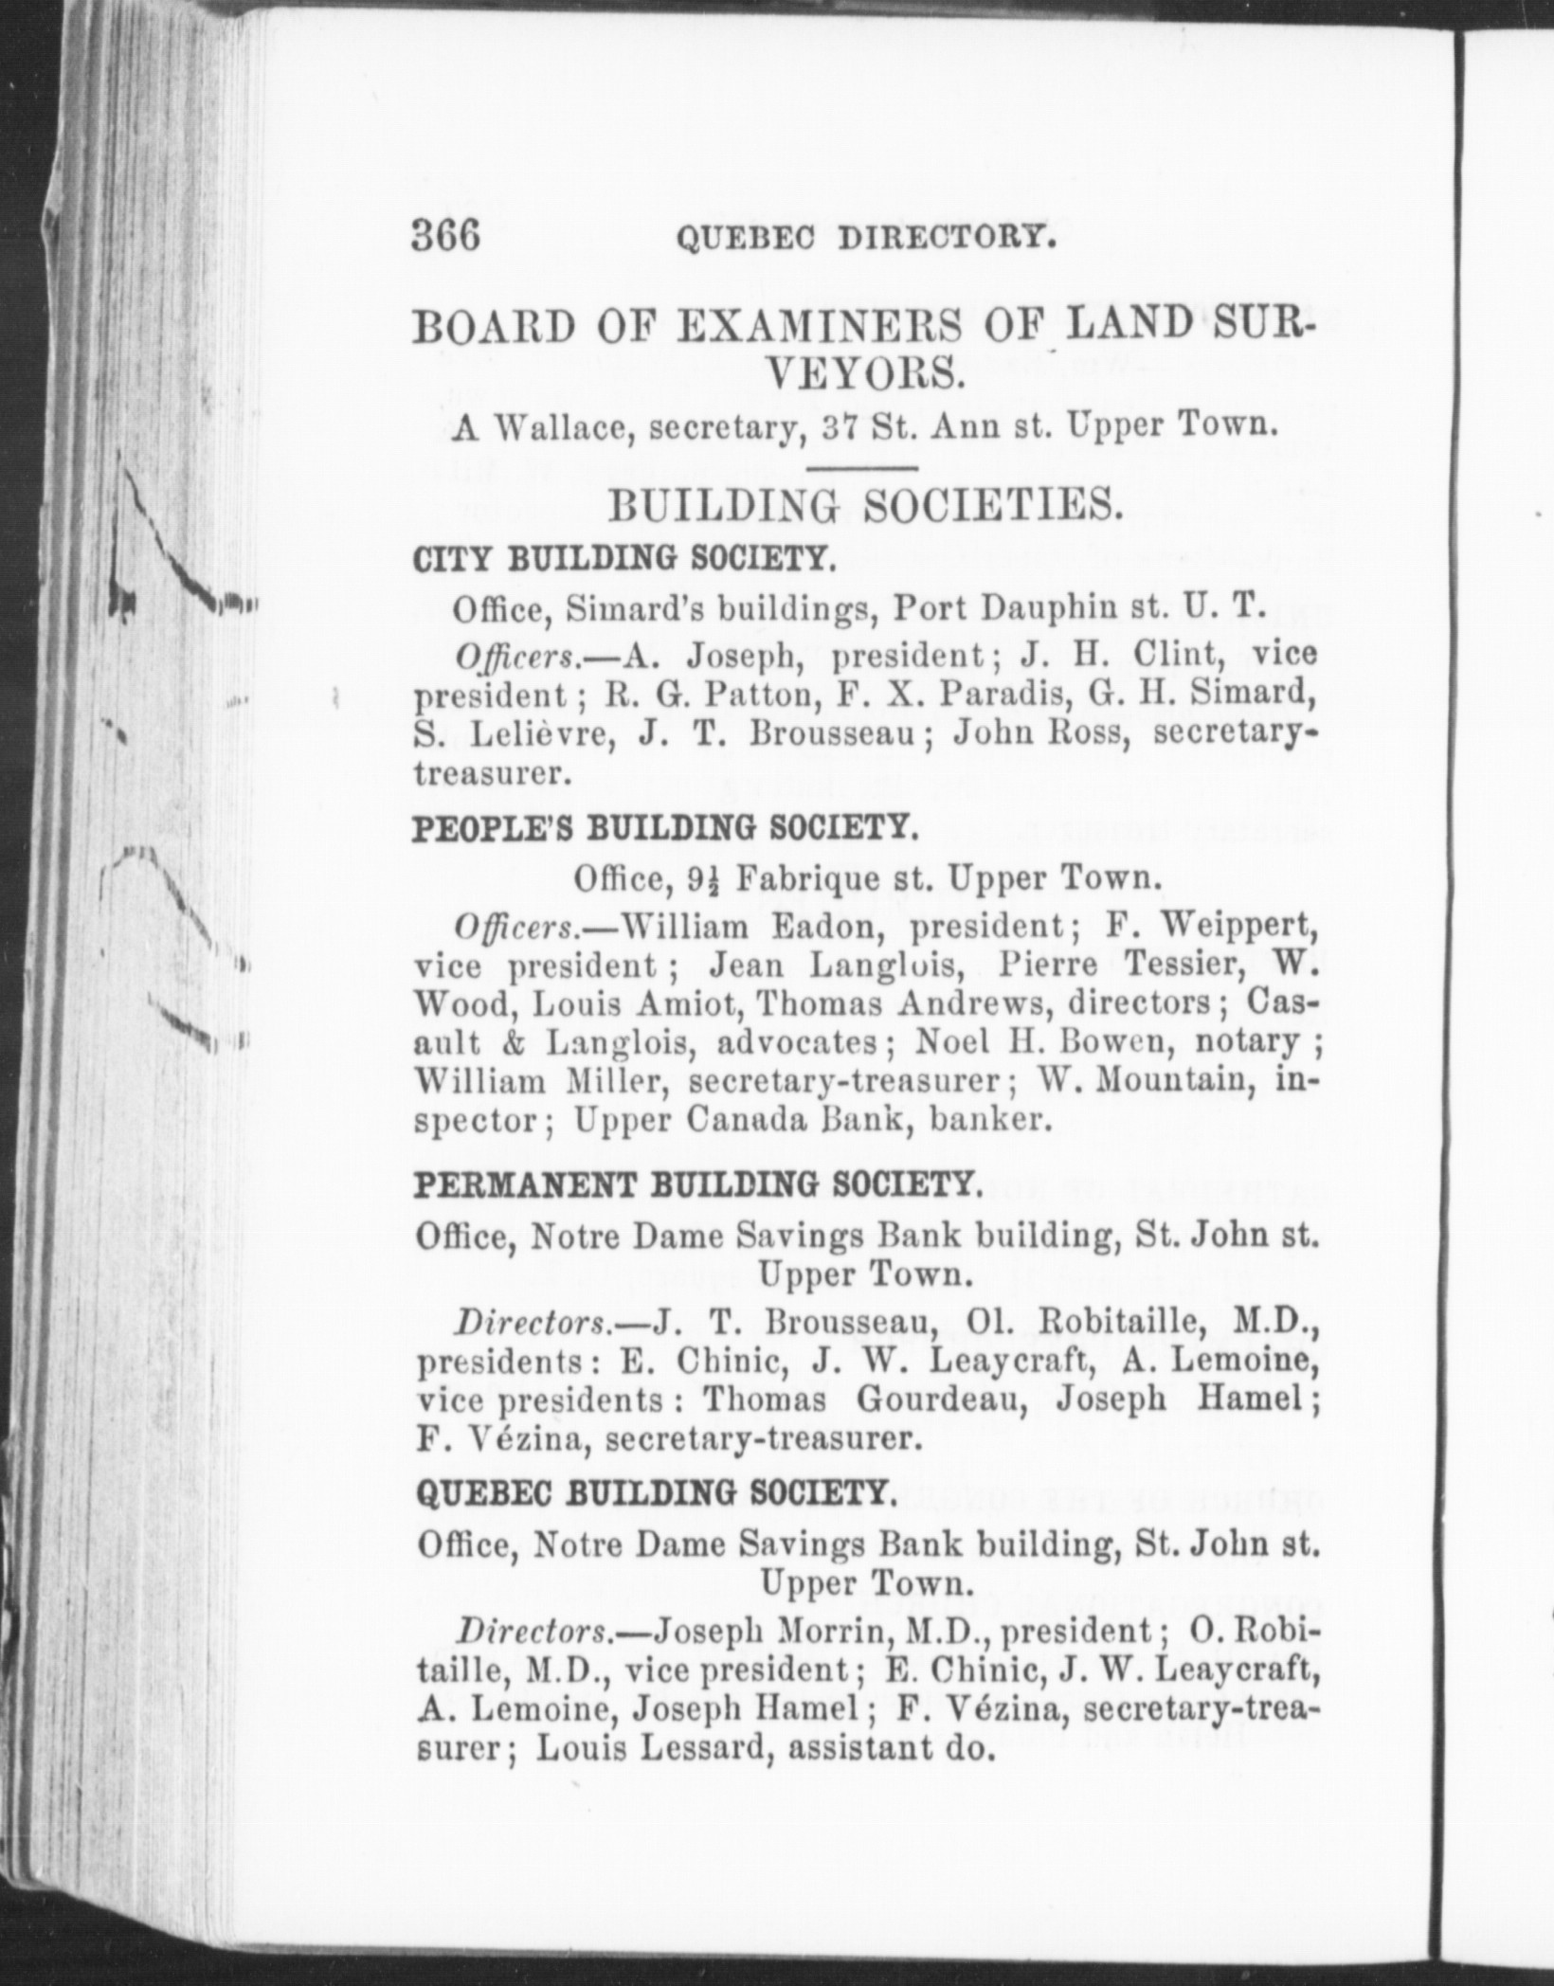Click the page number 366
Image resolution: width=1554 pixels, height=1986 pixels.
[x=446, y=236]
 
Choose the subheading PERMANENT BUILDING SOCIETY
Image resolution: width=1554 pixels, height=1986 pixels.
[x=696, y=1184]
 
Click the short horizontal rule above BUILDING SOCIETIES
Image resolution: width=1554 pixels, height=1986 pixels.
[x=861, y=467]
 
